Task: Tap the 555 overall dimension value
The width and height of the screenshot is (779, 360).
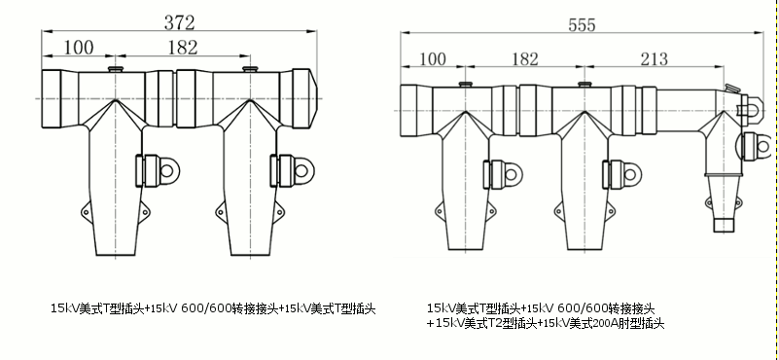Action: click(582, 27)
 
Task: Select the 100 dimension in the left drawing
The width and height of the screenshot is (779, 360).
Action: click(80, 47)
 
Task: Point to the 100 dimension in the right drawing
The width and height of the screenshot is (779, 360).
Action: click(436, 59)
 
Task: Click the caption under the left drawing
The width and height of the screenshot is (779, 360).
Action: click(213, 308)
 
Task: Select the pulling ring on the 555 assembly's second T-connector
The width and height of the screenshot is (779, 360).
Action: click(634, 176)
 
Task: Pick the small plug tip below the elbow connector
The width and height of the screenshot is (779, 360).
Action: click(723, 225)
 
